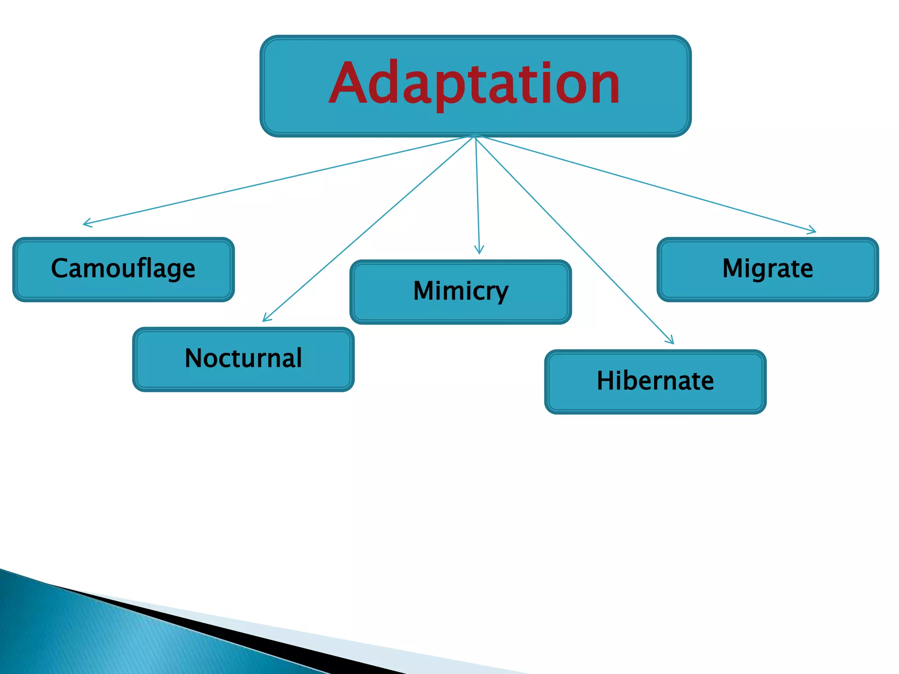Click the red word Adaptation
[x=474, y=83]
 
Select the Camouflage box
[x=123, y=269]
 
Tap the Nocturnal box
[x=243, y=359]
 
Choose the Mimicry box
[x=460, y=292]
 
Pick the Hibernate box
[x=655, y=381]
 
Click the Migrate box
[x=767, y=269]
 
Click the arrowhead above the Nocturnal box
[x=265, y=319]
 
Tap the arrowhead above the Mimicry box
[x=479, y=251]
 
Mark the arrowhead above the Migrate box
[x=813, y=231]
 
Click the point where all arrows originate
[x=475, y=136]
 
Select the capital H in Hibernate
[x=605, y=380]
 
